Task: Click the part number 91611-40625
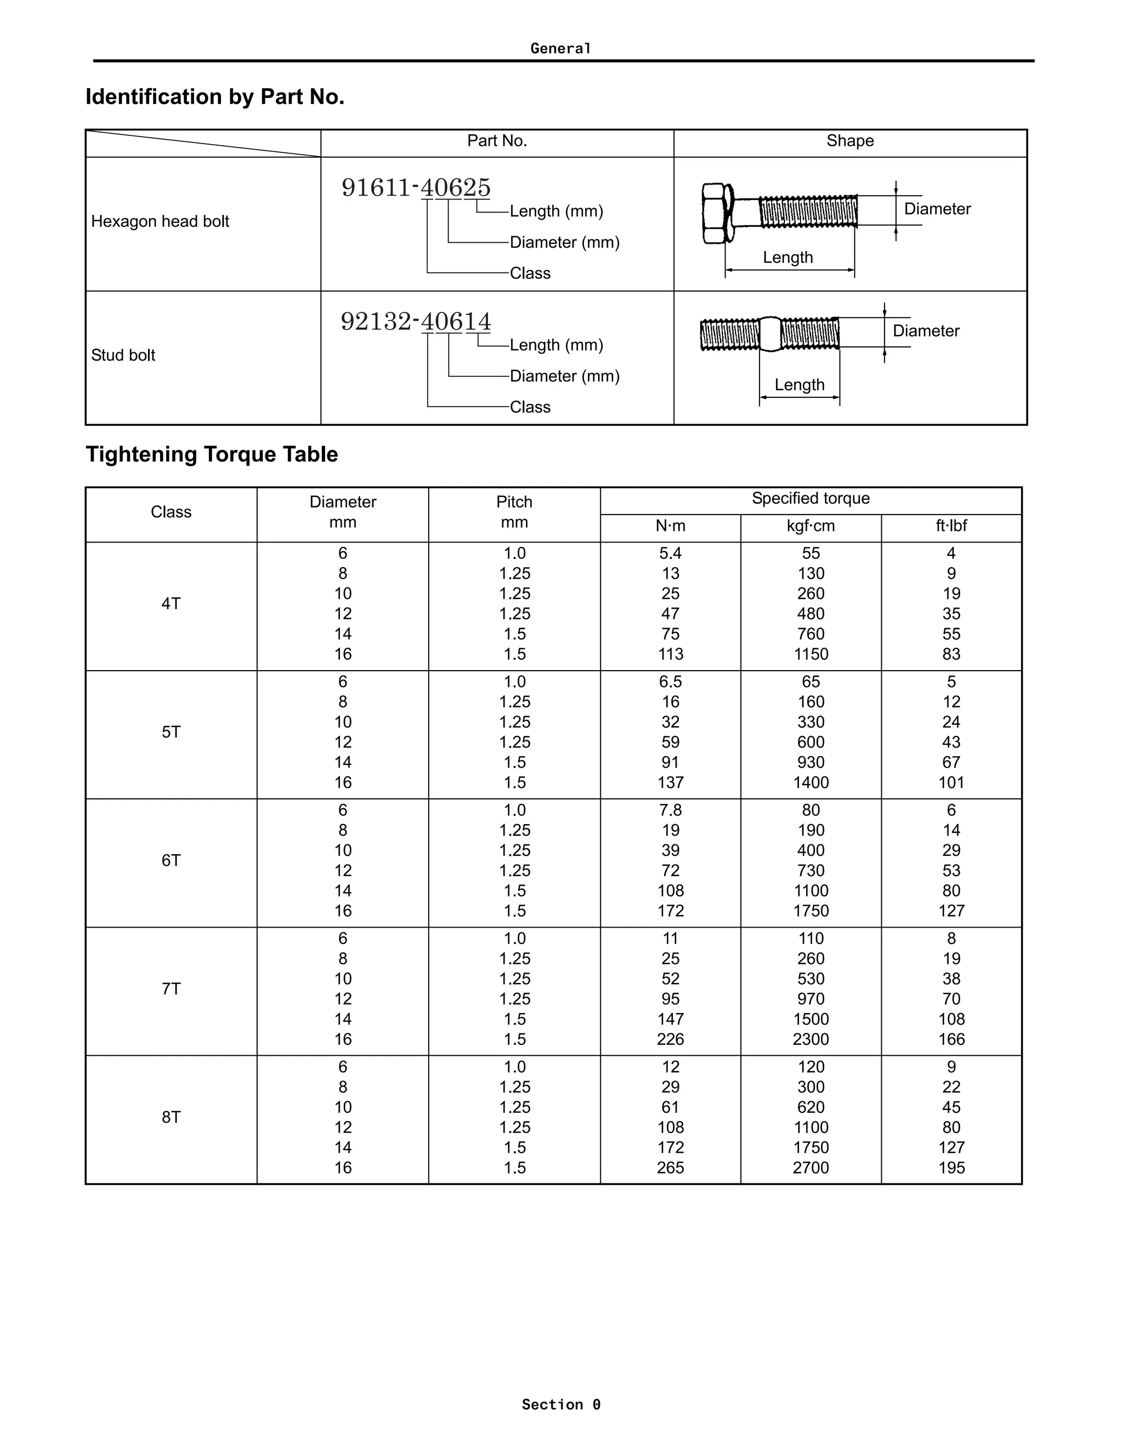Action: (416, 187)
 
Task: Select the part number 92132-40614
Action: (416, 322)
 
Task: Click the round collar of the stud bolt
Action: (770, 334)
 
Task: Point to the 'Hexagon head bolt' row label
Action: (160, 221)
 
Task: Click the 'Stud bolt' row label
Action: (123, 355)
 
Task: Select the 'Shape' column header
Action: (849, 141)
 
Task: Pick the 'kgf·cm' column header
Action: (810, 526)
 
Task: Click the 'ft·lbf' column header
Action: (951, 526)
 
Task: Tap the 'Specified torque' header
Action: (810, 499)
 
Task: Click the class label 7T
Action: (171, 988)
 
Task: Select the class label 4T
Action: (171, 604)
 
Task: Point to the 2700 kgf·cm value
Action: (810, 1168)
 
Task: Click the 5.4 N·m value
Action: (670, 553)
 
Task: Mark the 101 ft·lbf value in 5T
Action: (951, 782)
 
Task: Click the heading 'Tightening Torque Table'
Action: (212, 454)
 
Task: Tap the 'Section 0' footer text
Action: (561, 1404)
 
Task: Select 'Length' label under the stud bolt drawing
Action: (799, 385)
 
